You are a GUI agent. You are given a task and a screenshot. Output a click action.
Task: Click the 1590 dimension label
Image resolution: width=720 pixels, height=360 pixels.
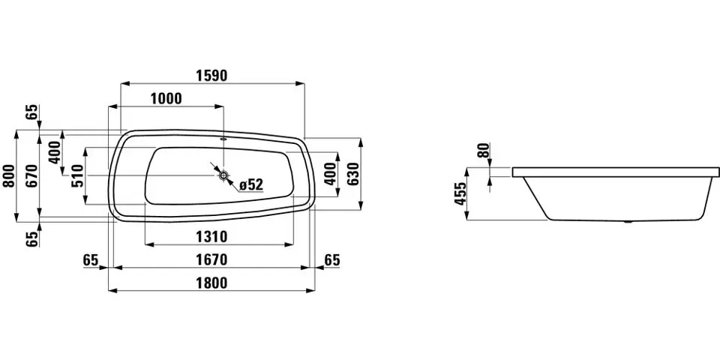(x=212, y=76)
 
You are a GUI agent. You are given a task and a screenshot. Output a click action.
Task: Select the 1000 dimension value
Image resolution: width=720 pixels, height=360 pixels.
(x=166, y=99)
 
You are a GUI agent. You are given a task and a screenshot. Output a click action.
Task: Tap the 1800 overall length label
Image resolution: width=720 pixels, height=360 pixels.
(x=211, y=283)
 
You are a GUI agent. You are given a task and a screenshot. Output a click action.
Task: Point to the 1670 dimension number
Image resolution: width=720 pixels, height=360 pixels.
(x=211, y=260)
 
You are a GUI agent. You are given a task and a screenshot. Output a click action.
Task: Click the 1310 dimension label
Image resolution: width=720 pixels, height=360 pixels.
(x=211, y=237)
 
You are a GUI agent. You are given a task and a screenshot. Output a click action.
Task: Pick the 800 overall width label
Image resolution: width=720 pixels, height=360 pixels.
(x=8, y=175)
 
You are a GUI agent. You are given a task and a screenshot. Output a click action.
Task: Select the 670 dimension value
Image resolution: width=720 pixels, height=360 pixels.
(x=31, y=175)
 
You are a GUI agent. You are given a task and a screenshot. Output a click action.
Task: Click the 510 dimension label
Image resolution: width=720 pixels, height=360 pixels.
(x=76, y=175)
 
